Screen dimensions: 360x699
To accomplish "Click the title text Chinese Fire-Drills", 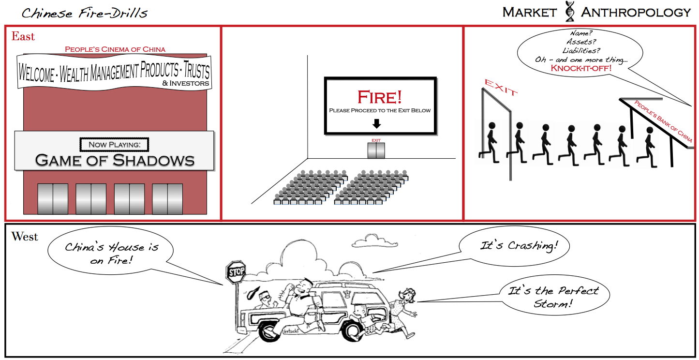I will [x=85, y=13].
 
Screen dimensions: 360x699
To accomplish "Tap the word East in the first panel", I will [x=23, y=36].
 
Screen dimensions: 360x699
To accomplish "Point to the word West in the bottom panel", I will [x=25, y=237].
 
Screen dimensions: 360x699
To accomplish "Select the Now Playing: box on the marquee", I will [x=114, y=144].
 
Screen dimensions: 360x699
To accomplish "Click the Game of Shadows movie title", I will [x=115, y=160].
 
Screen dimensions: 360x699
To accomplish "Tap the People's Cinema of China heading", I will [x=115, y=49].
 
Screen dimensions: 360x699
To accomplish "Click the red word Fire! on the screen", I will [x=380, y=97].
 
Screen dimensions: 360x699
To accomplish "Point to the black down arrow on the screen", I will [x=377, y=124].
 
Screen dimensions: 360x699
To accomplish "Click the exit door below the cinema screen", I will [x=376, y=150].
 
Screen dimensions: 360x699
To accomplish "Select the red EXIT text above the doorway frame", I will [x=501, y=89].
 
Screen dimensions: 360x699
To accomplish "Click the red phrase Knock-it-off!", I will [x=581, y=68].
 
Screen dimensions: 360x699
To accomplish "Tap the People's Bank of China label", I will [x=663, y=121].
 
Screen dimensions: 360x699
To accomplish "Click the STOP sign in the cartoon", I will [x=236, y=272].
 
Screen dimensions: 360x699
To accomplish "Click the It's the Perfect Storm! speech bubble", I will [x=553, y=297].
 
